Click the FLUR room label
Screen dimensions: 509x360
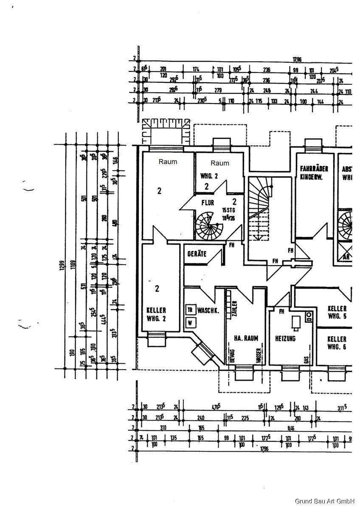point(208,203)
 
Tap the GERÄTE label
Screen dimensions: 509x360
point(197,254)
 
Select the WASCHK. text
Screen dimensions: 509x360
point(208,310)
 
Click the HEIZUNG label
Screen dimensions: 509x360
point(285,338)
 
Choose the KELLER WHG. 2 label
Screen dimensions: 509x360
point(156,314)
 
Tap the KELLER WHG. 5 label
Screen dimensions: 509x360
point(337,312)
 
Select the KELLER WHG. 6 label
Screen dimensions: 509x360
point(337,343)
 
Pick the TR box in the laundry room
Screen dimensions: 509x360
point(190,310)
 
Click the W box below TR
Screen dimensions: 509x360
point(190,322)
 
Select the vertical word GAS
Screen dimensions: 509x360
point(306,359)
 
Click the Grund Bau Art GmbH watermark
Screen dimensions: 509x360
point(325,501)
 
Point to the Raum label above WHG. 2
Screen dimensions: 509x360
point(219,163)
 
